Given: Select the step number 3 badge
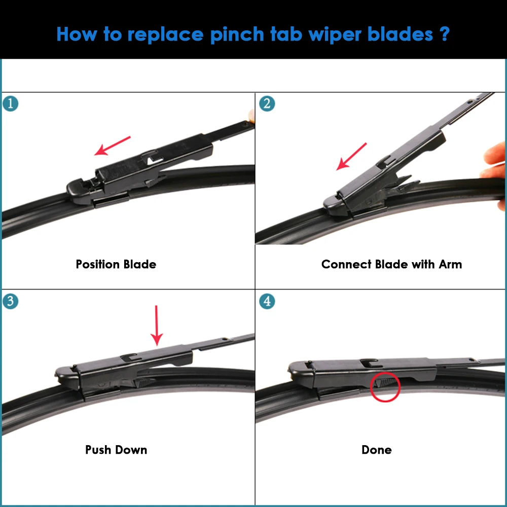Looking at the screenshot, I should tap(11, 301).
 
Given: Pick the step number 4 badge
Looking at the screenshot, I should tap(267, 301).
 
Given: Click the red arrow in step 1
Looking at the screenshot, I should tap(113, 146).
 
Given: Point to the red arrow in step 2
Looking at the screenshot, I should tap(352, 156).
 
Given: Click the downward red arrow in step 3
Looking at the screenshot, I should tap(157, 325).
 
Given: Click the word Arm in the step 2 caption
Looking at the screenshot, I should tap(451, 264).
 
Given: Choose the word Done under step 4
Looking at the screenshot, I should tap(376, 450).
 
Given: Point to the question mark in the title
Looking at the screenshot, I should tap(444, 34).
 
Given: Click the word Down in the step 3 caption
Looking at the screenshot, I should tap(131, 450).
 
